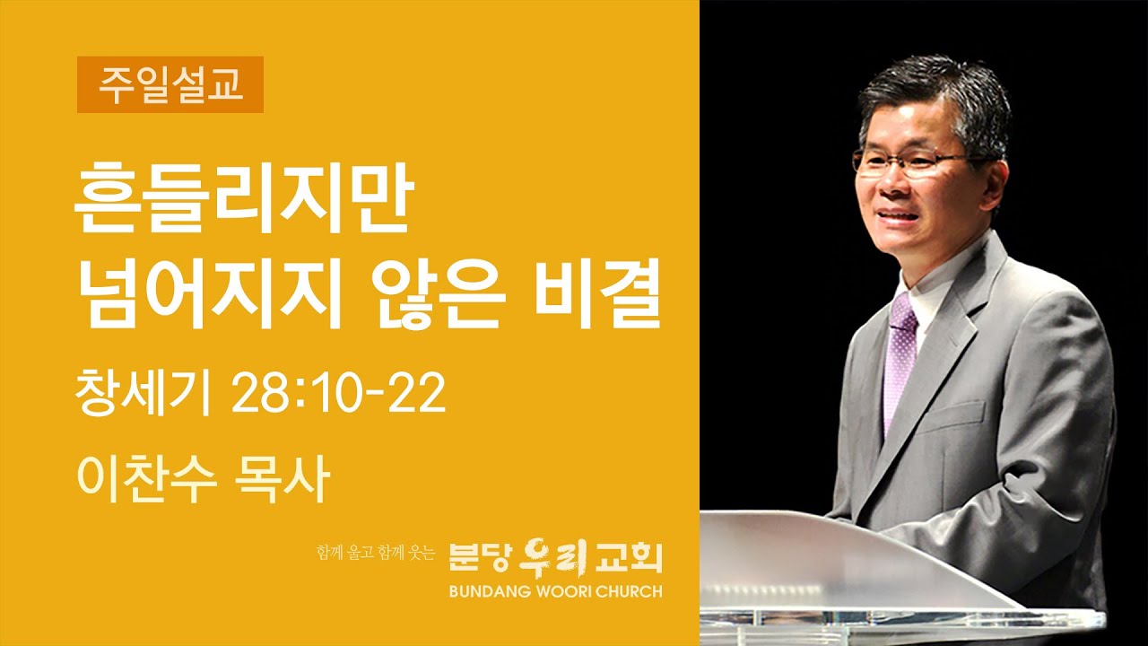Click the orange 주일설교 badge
click(170, 84)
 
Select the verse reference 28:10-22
click(338, 395)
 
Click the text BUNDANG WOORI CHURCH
click(556, 591)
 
